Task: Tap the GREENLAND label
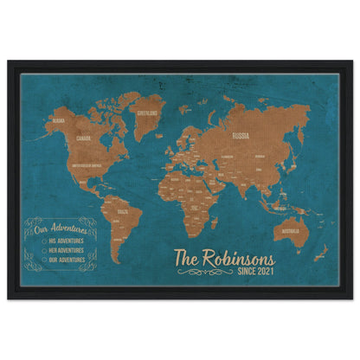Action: (146, 112)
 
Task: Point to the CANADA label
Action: (84, 138)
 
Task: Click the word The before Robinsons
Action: (186, 259)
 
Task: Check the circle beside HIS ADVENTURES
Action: (44, 241)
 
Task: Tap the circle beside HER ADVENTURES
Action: (44, 250)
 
